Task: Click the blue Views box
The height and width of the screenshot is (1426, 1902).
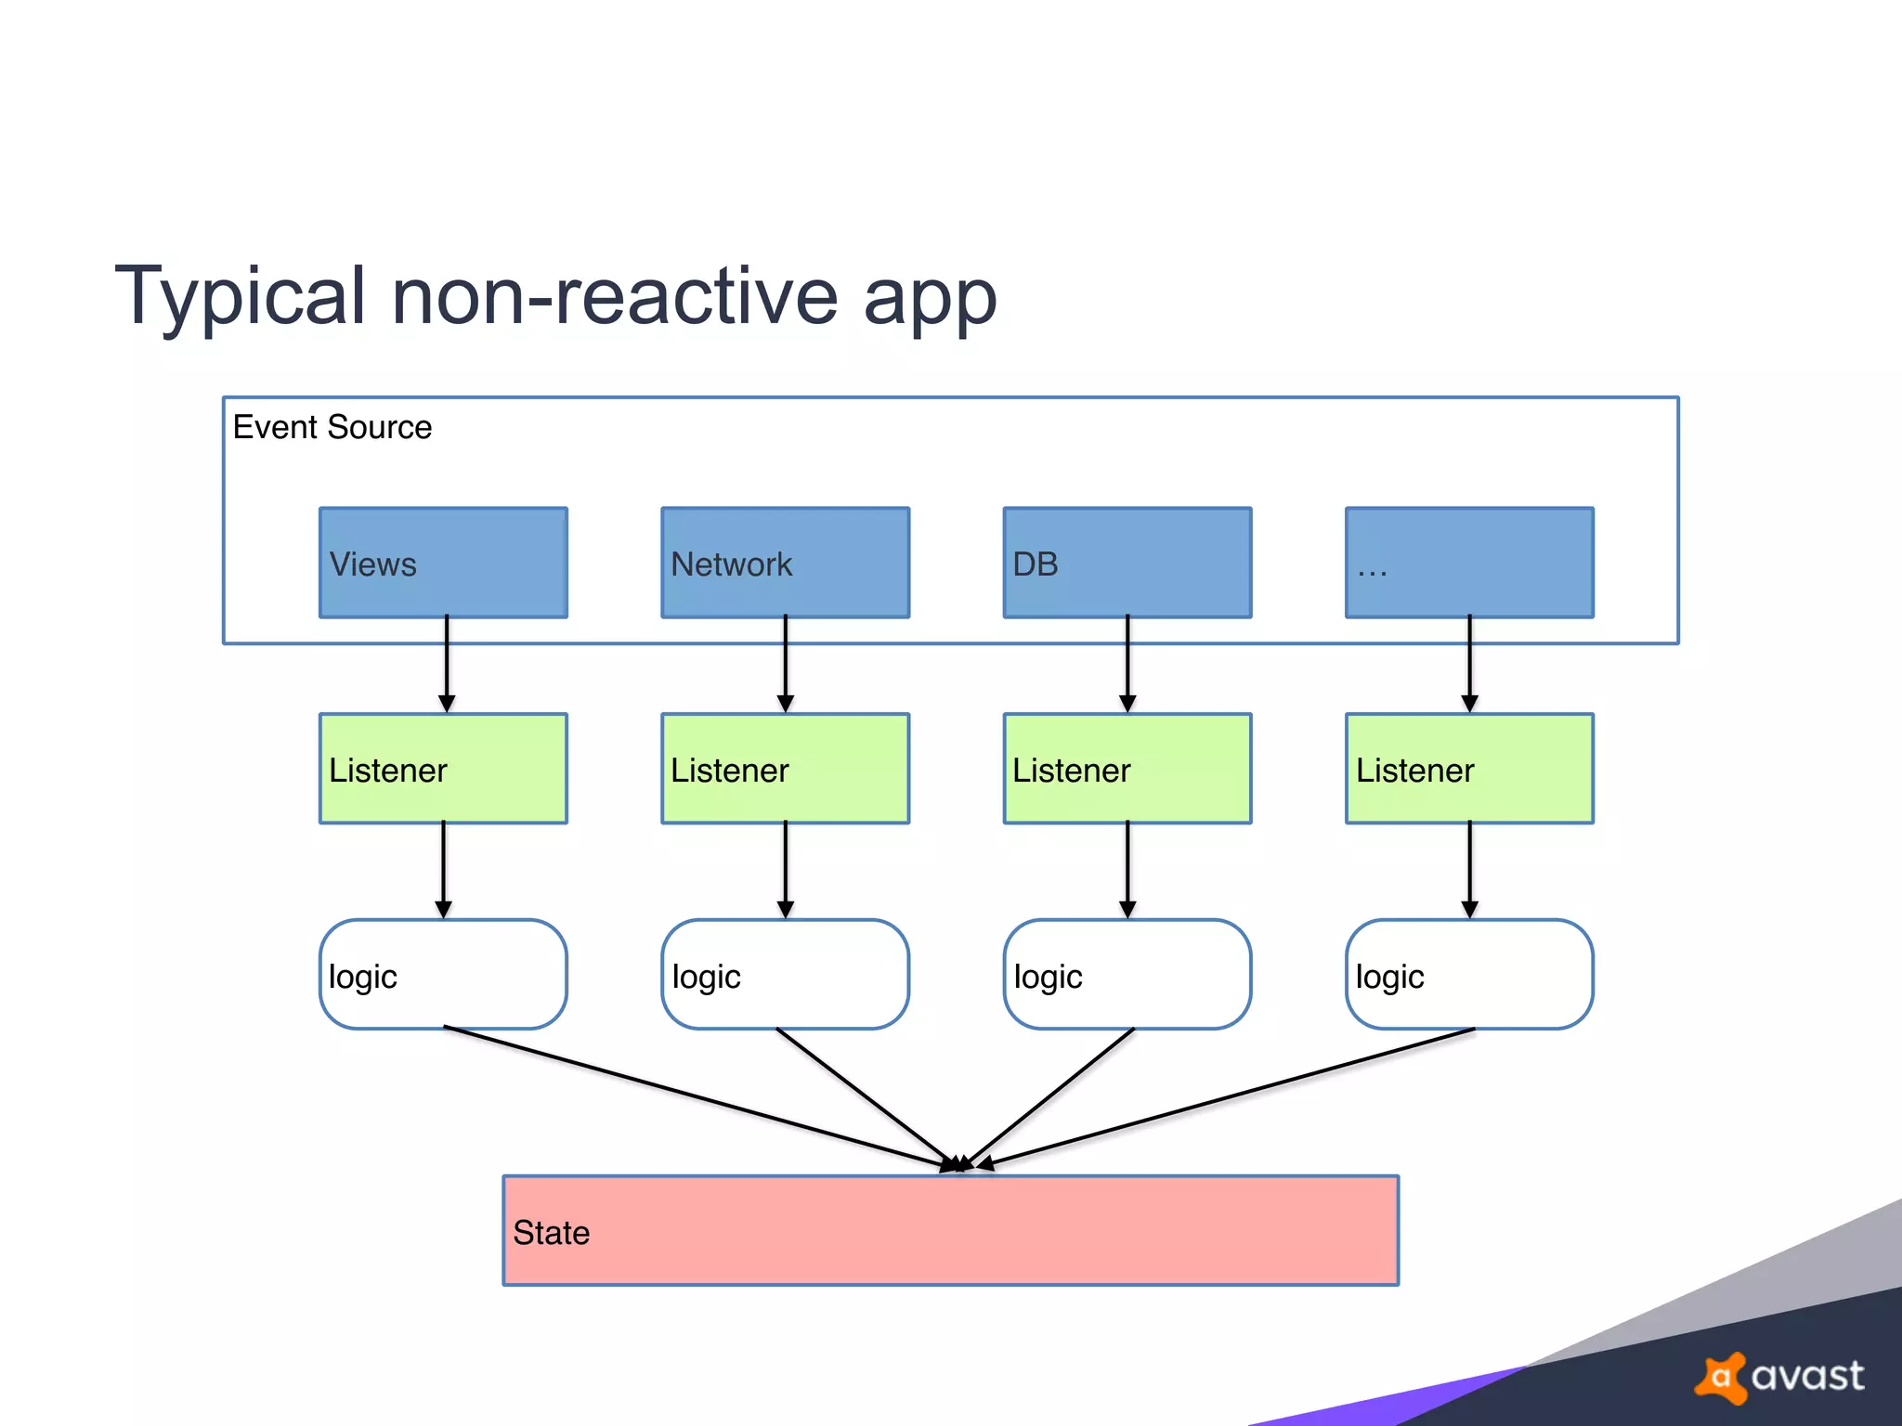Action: click(443, 563)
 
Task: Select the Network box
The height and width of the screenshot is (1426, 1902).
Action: click(785, 563)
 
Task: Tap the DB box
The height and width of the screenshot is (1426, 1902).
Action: click(1127, 563)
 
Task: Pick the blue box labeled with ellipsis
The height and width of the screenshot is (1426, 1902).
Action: click(1469, 563)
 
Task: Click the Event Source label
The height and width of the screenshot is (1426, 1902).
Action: click(332, 427)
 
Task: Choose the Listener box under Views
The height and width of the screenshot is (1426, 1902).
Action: click(443, 769)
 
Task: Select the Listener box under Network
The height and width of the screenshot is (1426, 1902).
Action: click(785, 769)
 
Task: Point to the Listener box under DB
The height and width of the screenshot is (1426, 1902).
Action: click(1127, 769)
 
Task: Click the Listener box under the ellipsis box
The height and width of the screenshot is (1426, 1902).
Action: click(1469, 769)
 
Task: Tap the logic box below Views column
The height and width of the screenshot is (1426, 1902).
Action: click(443, 975)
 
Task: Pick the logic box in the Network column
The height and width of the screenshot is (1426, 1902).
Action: click(785, 975)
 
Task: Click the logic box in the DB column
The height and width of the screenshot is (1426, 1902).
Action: click(1127, 975)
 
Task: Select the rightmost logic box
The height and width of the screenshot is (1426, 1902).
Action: click(1469, 975)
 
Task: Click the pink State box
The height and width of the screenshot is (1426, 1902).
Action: click(950, 1231)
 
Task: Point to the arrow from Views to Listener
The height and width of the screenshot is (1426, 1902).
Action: click(447, 665)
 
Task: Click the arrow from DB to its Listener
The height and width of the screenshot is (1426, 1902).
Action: click(1127, 665)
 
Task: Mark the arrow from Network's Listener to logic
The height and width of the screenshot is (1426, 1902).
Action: click(786, 870)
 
